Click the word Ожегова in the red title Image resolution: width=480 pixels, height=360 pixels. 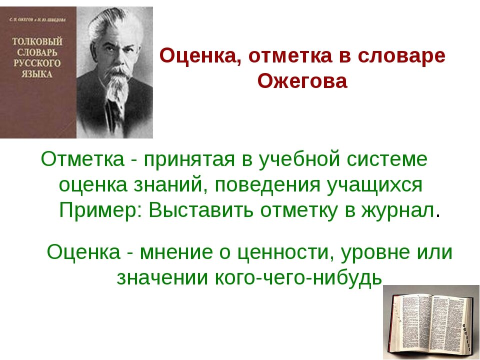tap(302, 81)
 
